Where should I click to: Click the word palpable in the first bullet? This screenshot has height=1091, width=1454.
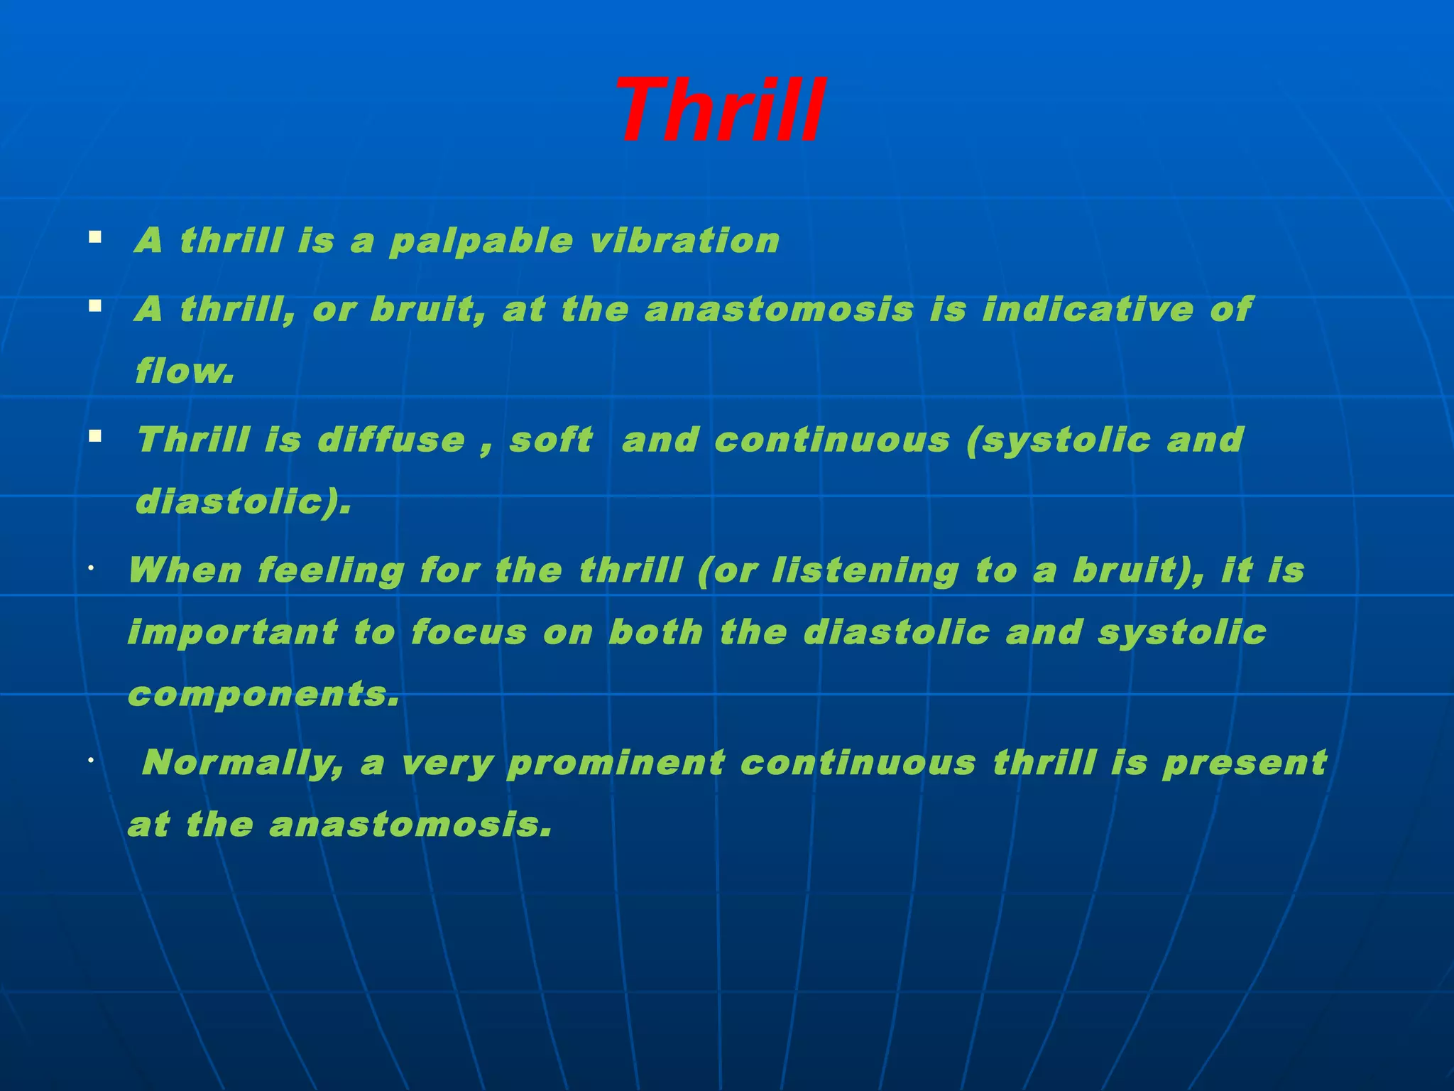coord(481,241)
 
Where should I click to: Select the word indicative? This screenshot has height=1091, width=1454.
coord(1087,310)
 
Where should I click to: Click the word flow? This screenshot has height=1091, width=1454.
coord(184,371)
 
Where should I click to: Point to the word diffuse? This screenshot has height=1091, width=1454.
coord(391,440)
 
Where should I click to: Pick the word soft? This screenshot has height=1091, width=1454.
coord(551,440)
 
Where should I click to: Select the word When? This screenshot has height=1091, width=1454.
coord(185,570)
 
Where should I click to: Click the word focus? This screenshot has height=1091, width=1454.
coord(469,632)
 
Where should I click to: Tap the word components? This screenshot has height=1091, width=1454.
coord(263,695)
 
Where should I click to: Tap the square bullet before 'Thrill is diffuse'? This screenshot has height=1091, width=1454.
coord(94,435)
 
